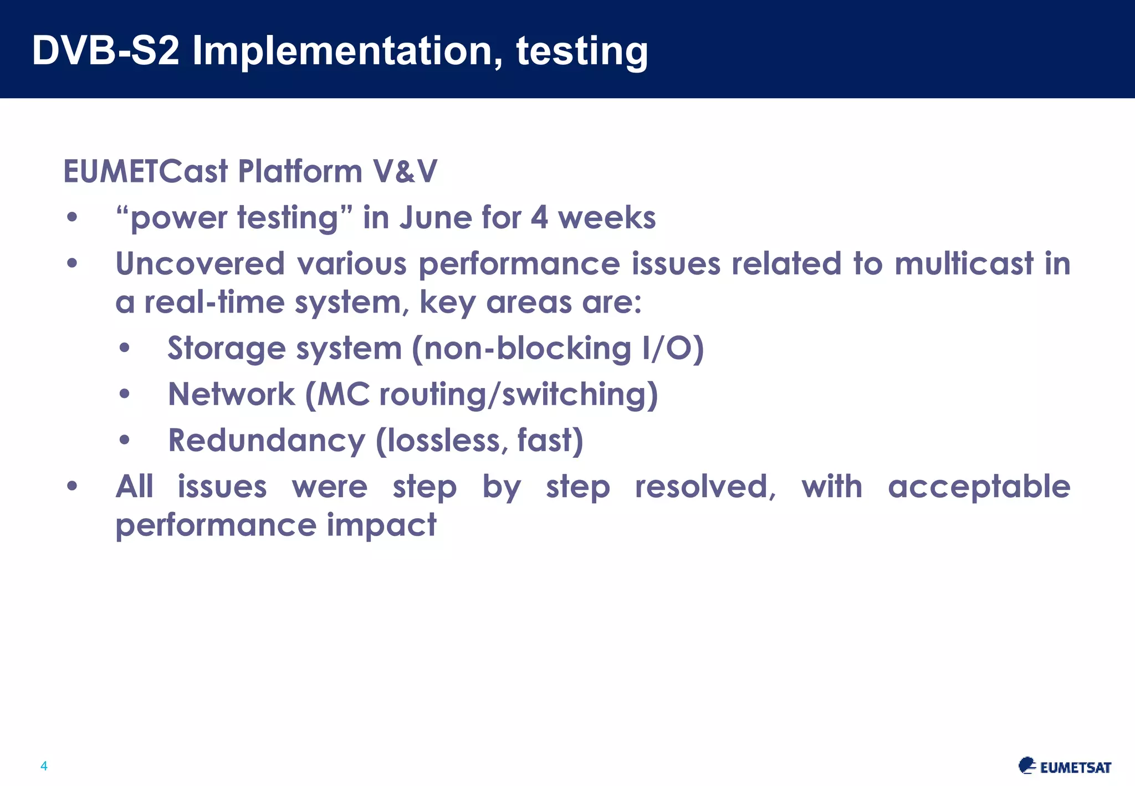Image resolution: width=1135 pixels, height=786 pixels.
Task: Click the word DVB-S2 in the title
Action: [105, 51]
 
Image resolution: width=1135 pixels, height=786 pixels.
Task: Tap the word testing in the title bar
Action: [581, 51]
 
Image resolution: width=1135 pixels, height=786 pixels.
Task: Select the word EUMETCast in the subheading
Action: [145, 171]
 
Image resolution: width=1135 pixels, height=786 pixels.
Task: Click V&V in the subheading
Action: [405, 171]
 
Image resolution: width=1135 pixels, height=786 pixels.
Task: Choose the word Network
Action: [231, 395]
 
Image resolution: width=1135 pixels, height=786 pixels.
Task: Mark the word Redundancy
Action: [267, 441]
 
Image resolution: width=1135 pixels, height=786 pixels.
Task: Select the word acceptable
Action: [979, 487]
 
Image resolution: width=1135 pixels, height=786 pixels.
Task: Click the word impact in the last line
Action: [381, 525]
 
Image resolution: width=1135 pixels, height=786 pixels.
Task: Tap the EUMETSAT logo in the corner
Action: [1065, 766]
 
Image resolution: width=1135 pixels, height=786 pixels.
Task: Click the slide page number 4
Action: [44, 766]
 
